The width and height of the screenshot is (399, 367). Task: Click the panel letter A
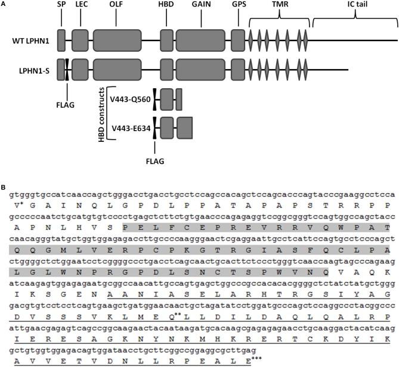[4, 4]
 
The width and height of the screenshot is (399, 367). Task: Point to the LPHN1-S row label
[33, 70]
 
